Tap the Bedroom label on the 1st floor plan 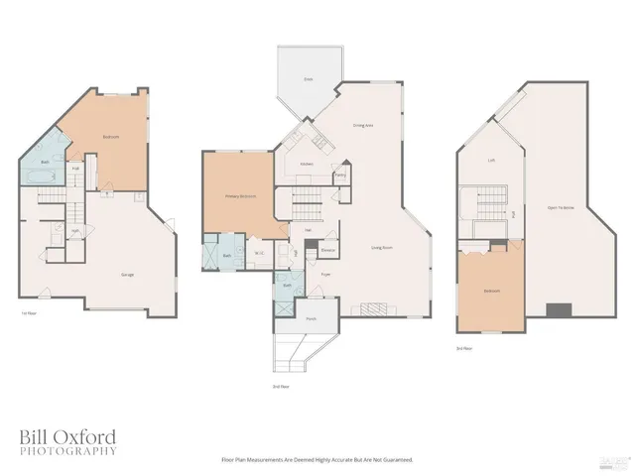click(x=111, y=137)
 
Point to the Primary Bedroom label click(x=240, y=195)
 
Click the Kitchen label click(x=308, y=164)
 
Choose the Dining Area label click(x=363, y=126)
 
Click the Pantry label click(x=340, y=175)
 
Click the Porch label click(x=311, y=318)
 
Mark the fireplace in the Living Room click(x=375, y=307)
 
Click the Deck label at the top click(x=309, y=77)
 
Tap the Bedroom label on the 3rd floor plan click(x=492, y=291)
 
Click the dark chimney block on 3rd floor click(x=560, y=308)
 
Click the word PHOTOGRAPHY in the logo click(x=67, y=451)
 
